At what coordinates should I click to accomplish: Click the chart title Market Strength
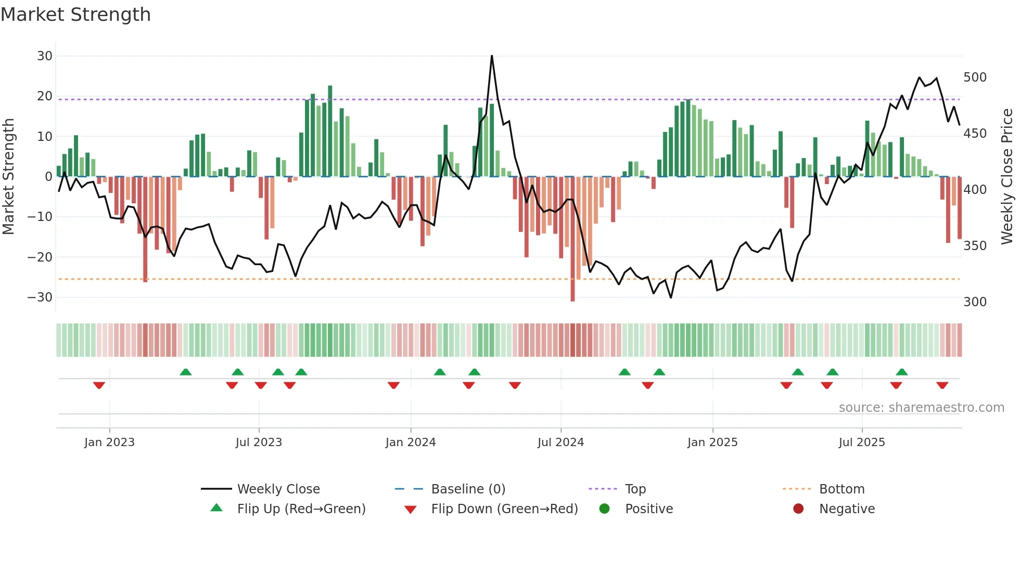[75, 14]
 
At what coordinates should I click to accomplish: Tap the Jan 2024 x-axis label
[410, 442]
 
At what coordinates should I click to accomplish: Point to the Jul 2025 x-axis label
[861, 442]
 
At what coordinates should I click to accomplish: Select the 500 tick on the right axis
[975, 77]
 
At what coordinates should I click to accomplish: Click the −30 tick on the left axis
[40, 297]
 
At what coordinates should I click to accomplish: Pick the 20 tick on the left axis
[44, 96]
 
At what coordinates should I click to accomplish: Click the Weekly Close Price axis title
[1007, 177]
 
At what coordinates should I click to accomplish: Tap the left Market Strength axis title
[8, 177]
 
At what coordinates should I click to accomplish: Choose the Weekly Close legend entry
[278, 489]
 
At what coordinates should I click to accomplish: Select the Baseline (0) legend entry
[468, 489]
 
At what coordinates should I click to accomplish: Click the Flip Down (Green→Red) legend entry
[504, 509]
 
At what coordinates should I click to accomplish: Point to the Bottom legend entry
[841, 489]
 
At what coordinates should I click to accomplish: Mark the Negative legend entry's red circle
[798, 509]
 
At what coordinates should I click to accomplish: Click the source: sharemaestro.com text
[921, 408]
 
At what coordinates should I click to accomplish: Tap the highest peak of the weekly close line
[492, 56]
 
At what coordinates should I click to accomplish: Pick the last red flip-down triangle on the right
[942, 385]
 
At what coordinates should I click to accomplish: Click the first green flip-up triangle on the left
[185, 372]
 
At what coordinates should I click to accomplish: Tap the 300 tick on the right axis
[975, 302]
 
